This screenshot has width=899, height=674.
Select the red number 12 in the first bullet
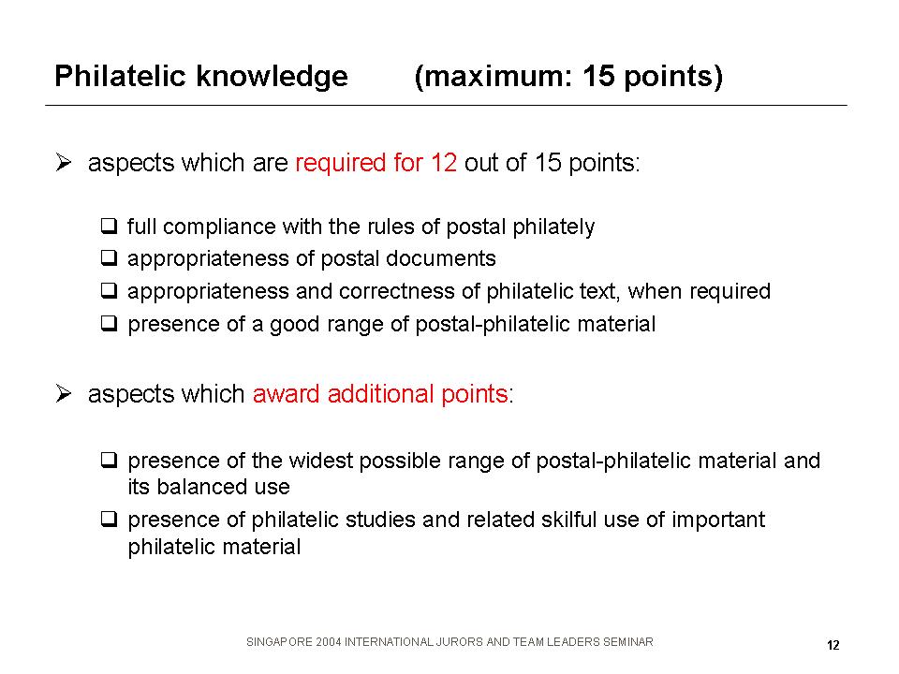point(444,163)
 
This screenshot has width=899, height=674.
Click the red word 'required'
point(341,163)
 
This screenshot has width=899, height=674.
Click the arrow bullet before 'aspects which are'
point(64,163)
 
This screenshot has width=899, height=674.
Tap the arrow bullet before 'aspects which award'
point(64,394)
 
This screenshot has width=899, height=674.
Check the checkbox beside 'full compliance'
point(109,226)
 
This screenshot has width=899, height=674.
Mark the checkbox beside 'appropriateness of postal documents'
point(109,258)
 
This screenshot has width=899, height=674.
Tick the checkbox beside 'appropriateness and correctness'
point(109,290)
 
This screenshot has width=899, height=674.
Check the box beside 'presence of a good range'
point(109,323)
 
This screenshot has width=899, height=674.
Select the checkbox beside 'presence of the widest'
point(109,460)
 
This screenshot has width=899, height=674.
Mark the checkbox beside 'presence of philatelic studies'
point(109,520)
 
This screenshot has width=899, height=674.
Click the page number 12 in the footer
point(833,645)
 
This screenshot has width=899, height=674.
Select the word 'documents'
point(441,258)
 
